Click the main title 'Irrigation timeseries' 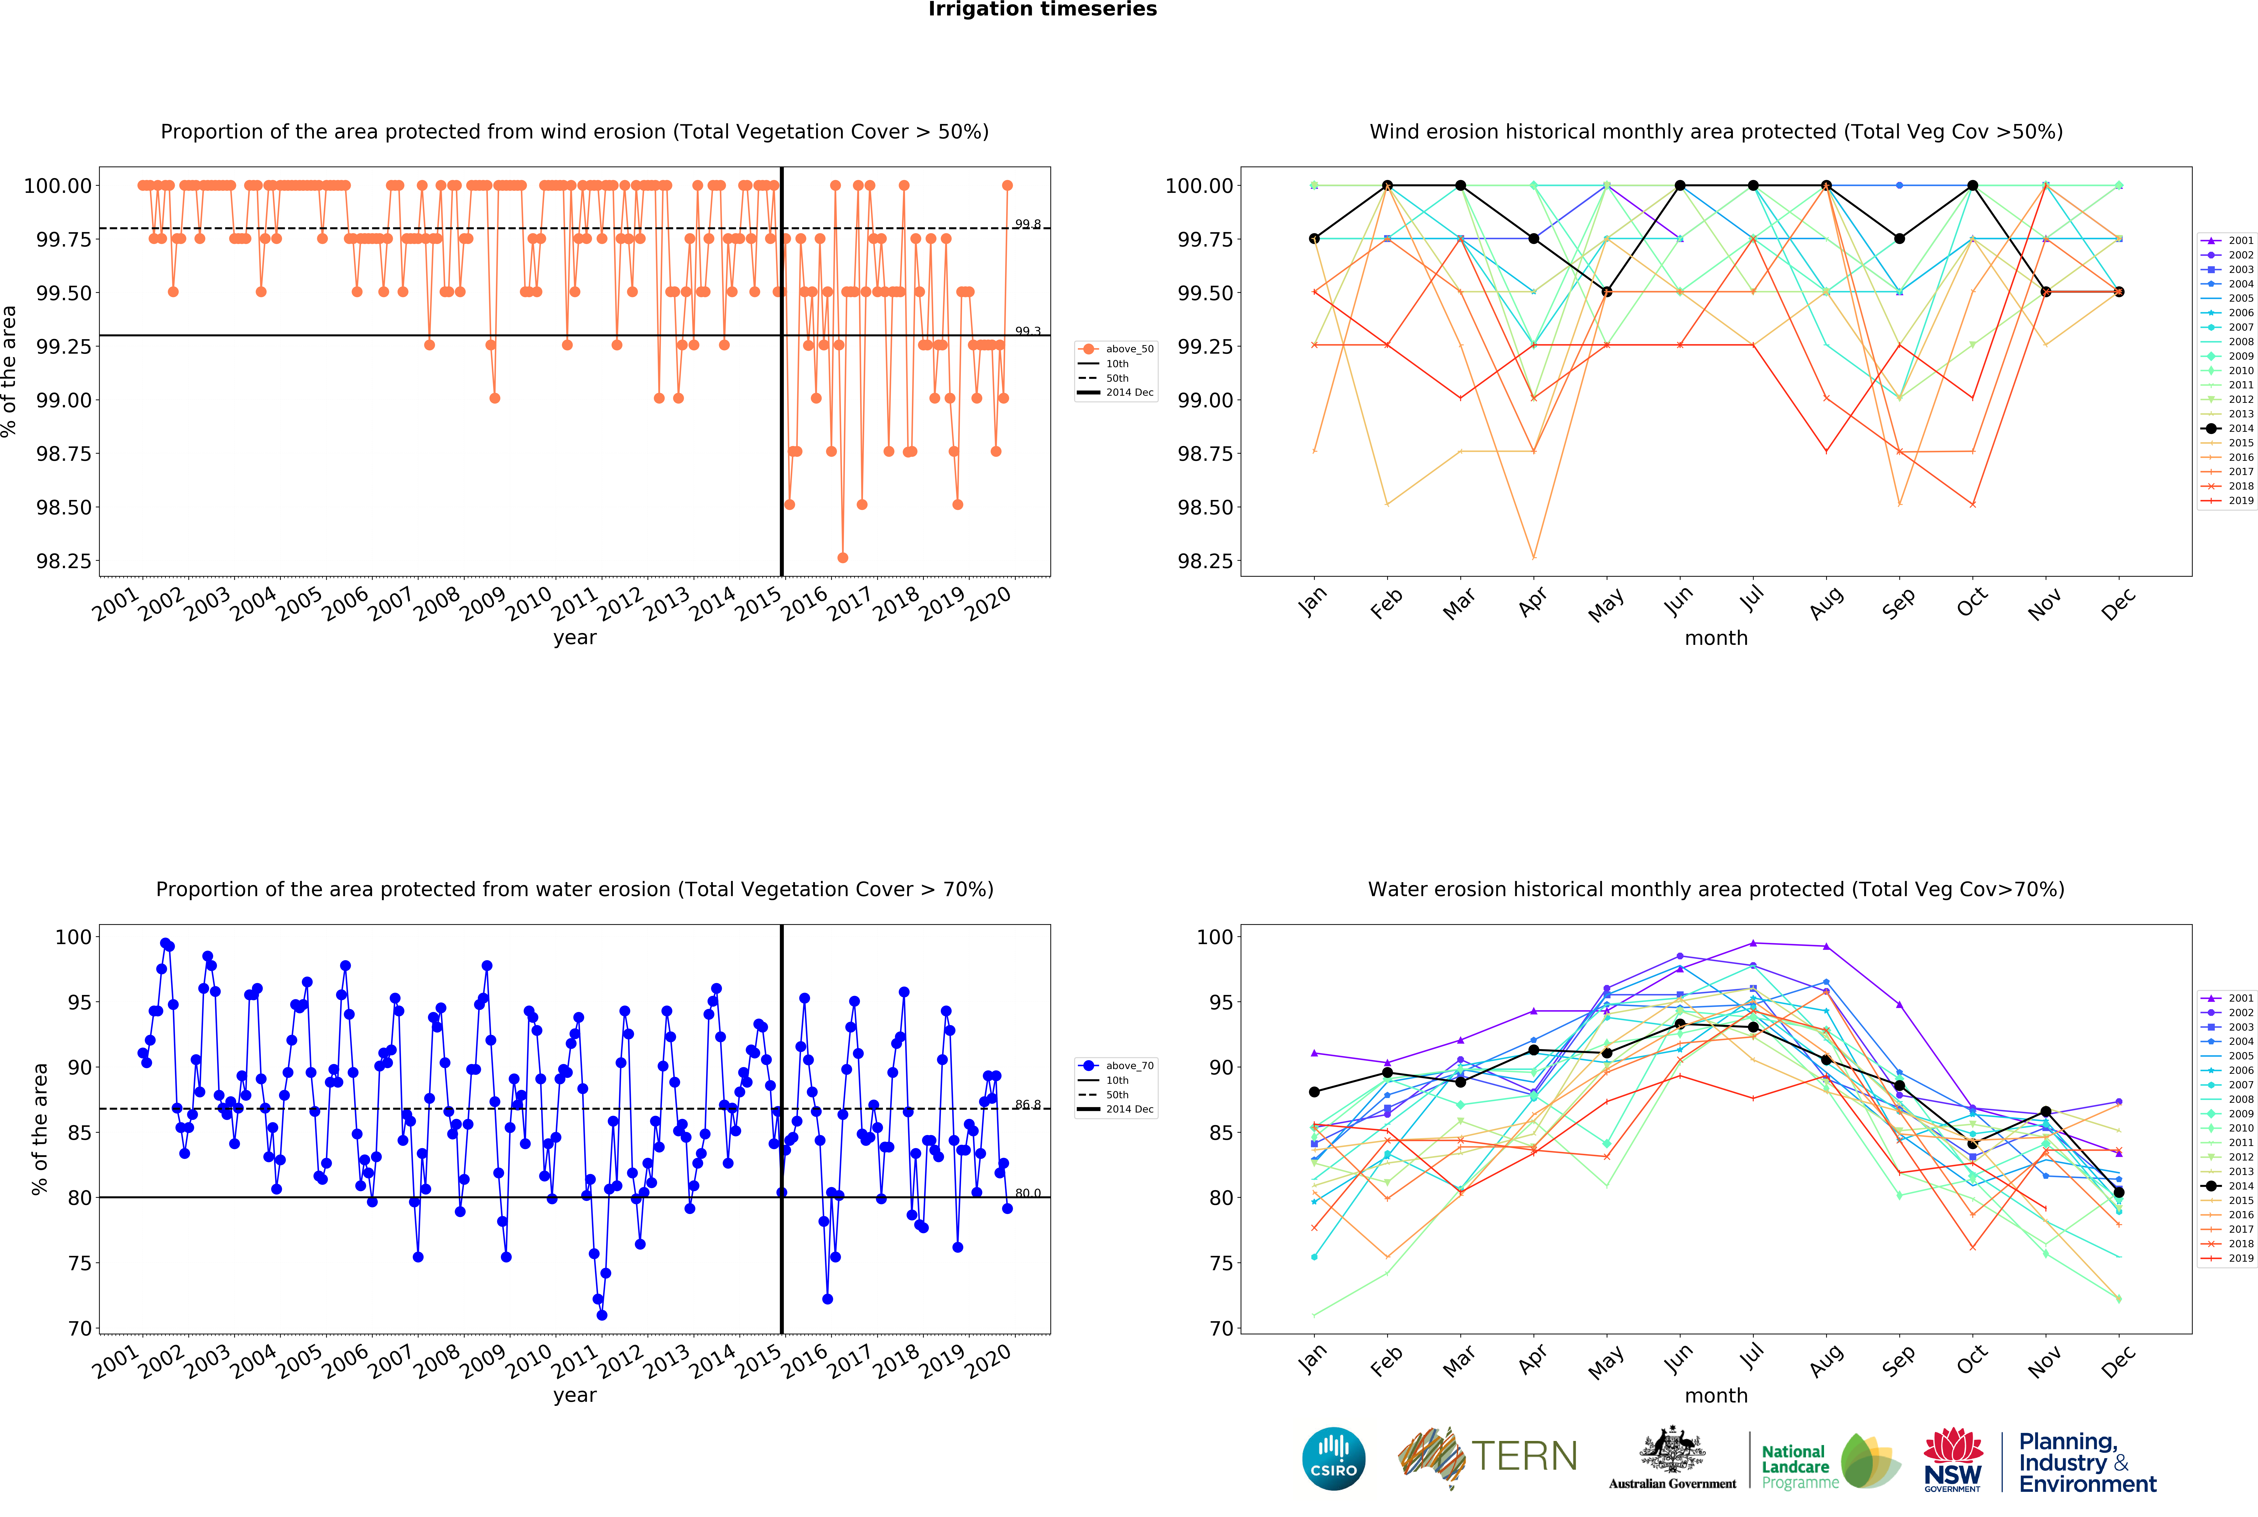[1042, 10]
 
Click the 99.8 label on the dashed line [1027, 224]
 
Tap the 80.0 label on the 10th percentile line [1027, 1193]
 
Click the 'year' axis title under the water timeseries [575, 1395]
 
